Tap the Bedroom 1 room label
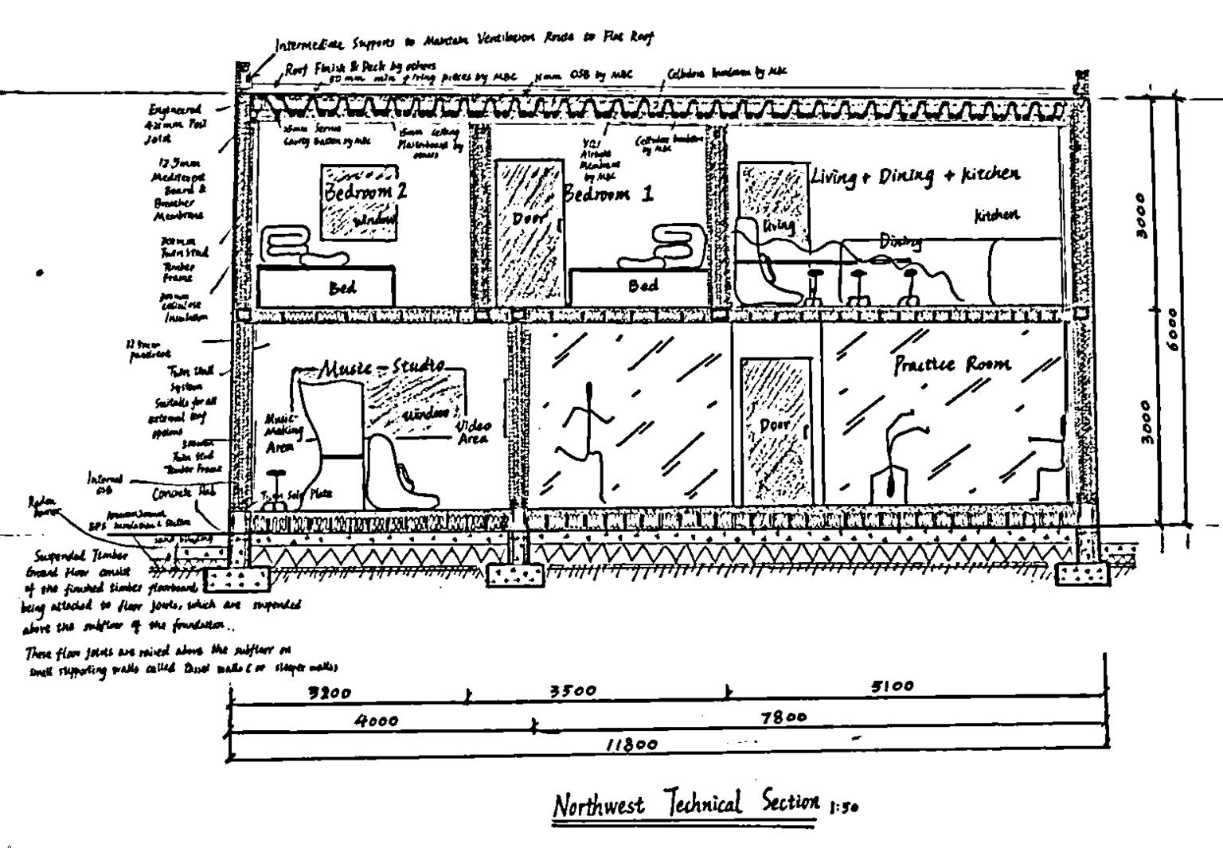(x=608, y=194)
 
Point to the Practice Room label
(x=951, y=365)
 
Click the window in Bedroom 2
(x=359, y=202)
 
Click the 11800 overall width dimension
(x=631, y=745)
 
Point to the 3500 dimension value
(x=573, y=691)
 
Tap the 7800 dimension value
(x=783, y=717)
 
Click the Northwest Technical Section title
(x=686, y=804)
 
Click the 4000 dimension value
(x=377, y=721)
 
